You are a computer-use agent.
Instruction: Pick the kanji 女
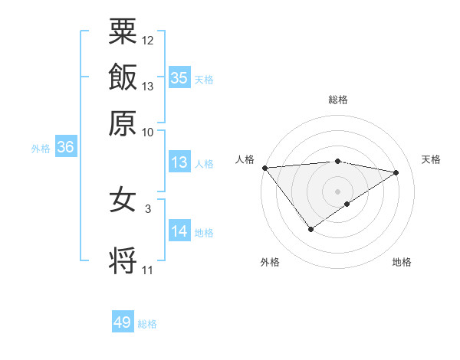(x=123, y=200)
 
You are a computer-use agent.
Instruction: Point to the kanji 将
(x=123, y=260)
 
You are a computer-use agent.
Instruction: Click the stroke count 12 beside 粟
(x=148, y=40)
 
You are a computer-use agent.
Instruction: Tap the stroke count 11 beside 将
(x=148, y=270)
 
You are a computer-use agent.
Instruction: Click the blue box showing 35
(x=179, y=77)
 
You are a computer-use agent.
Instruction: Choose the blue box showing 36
(x=65, y=148)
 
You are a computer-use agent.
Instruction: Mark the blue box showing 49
(x=123, y=322)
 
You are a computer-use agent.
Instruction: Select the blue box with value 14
(x=179, y=232)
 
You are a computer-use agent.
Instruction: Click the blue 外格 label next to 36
(x=41, y=149)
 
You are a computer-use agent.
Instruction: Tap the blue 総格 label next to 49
(x=147, y=324)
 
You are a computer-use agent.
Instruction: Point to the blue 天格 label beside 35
(x=204, y=79)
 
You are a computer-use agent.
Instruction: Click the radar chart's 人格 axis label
(x=245, y=159)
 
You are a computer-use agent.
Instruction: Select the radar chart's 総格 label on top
(x=338, y=100)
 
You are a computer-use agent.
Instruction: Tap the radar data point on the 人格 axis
(x=264, y=168)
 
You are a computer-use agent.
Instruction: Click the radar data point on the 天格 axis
(x=397, y=172)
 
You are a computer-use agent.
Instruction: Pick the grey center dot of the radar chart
(x=338, y=190)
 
